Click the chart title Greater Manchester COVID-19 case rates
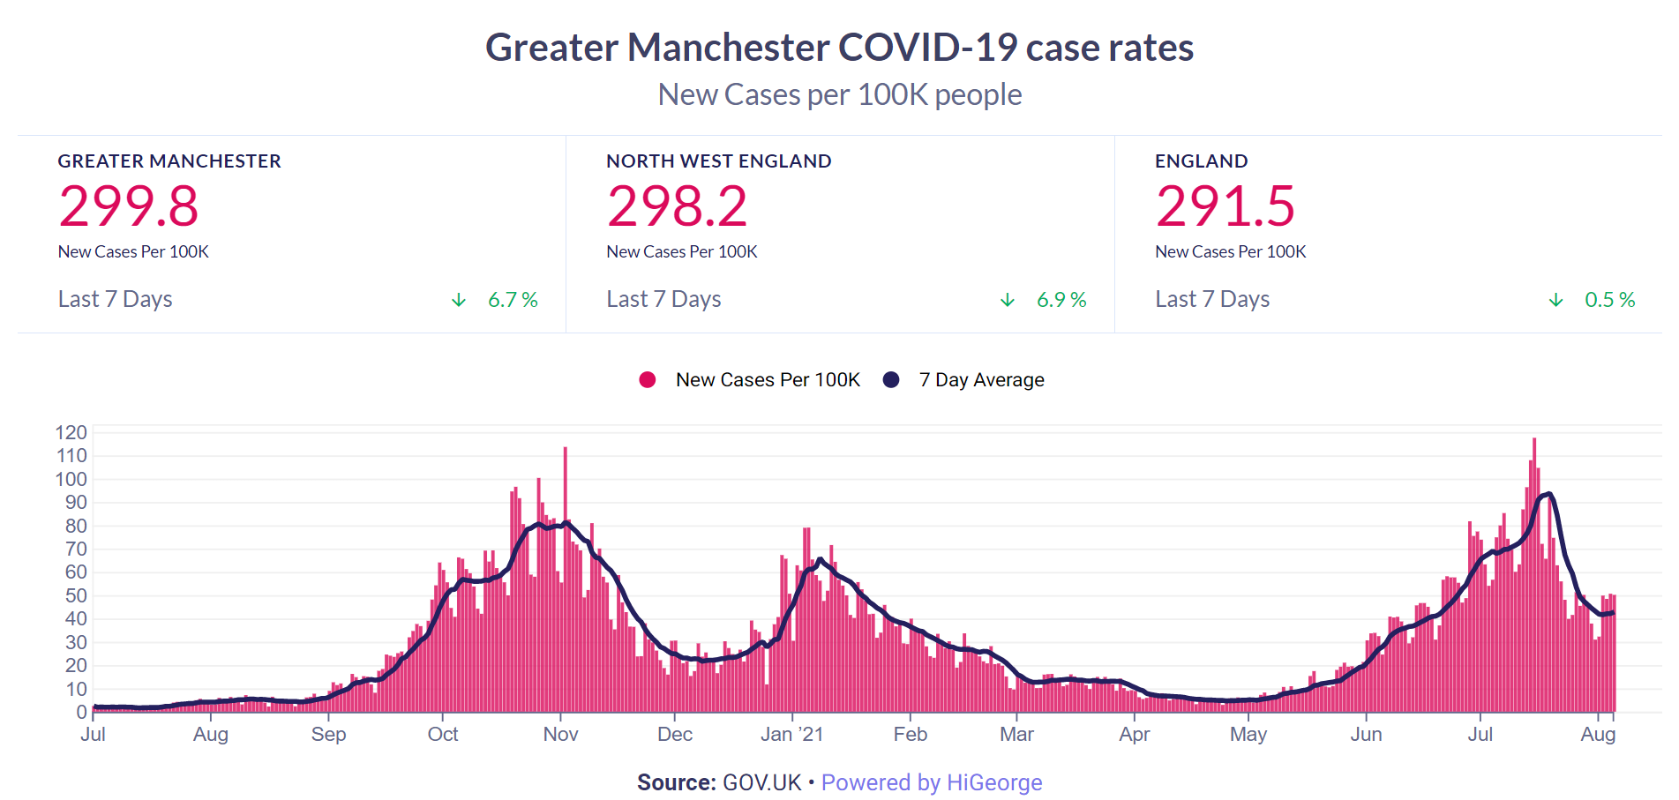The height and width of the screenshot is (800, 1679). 839,48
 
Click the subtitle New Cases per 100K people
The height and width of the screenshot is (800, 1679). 839,94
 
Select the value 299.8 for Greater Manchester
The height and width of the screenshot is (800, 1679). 129,206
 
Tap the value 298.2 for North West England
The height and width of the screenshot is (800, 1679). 677,206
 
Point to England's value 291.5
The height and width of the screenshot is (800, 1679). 1226,206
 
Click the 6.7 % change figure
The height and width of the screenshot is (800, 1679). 513,300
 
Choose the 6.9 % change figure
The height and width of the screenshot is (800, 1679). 1061,300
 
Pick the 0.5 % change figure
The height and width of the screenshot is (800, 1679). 1609,300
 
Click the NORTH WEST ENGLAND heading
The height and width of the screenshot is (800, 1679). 718,161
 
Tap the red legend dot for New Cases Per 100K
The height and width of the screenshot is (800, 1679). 648,380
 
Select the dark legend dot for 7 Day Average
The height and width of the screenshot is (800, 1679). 891,380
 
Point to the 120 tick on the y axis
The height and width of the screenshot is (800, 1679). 71,432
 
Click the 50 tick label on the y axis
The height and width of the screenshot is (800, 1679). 76,595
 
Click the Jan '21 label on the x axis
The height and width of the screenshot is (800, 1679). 791,735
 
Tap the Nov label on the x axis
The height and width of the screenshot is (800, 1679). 560,735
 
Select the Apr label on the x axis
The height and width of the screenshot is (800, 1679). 1134,735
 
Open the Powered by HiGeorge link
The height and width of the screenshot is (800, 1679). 932,783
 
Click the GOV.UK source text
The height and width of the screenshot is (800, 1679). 761,783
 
